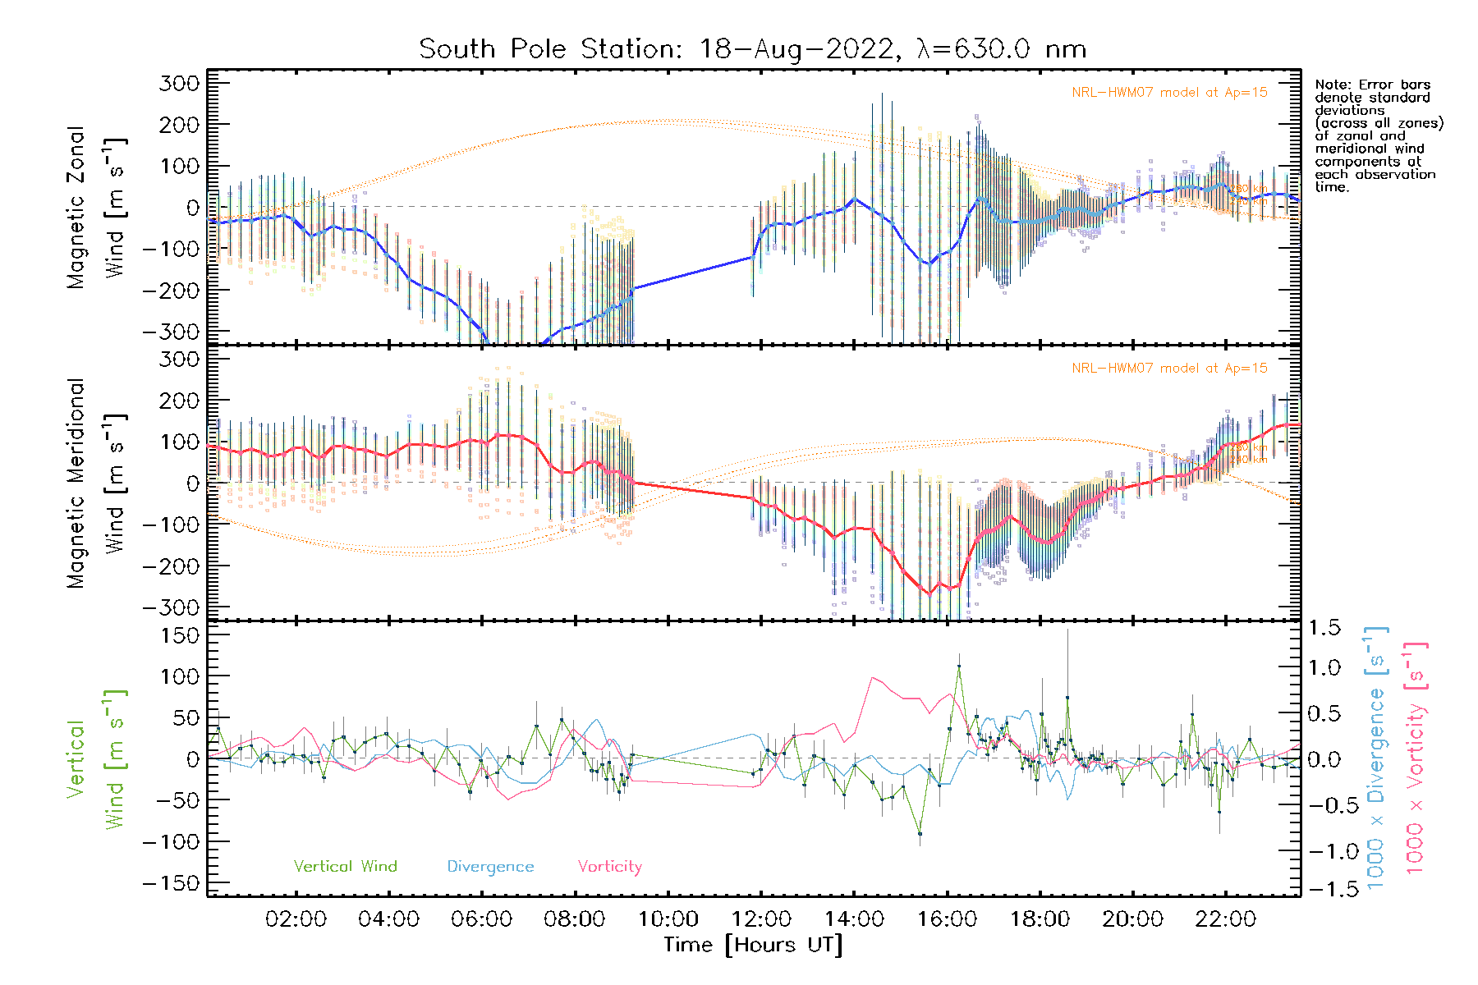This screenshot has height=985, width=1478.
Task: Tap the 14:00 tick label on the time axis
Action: pos(854,919)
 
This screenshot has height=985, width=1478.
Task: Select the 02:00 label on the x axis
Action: pos(296,919)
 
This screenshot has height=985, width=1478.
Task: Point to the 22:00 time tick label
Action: pos(1225,919)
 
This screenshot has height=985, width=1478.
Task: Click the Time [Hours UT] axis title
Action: pos(753,945)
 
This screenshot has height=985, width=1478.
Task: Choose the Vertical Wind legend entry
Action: pos(345,867)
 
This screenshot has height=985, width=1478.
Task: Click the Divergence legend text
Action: pos(490,867)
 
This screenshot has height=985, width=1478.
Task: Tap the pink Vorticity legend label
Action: pos(609,867)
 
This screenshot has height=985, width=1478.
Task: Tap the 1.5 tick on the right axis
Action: pos(1324,628)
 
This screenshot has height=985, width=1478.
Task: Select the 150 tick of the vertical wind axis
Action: pos(181,635)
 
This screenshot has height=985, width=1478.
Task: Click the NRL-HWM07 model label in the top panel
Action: pos(1169,93)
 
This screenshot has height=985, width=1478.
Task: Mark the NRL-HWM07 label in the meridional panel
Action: pos(1169,369)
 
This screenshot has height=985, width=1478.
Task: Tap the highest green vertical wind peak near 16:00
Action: pos(958,666)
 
